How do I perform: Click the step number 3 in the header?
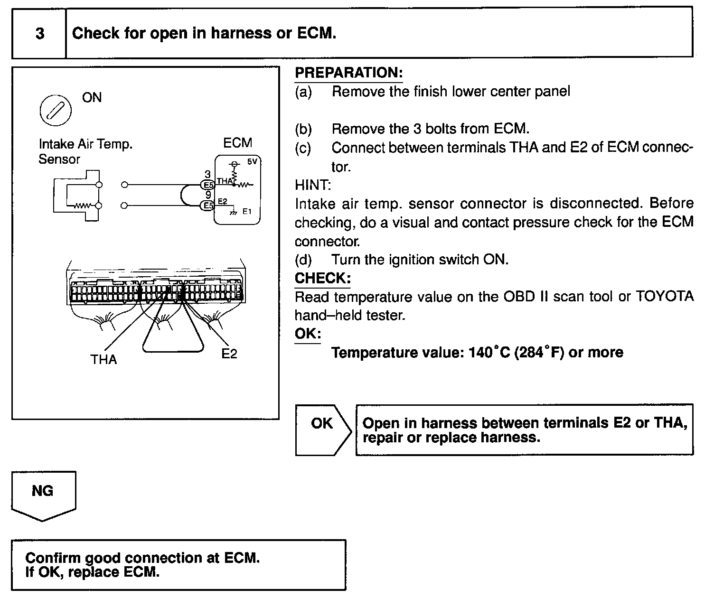[40, 34]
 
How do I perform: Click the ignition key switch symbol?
[56, 111]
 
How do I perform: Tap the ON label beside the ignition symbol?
[92, 98]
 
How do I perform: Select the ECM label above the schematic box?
[237, 143]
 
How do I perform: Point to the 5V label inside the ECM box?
[252, 162]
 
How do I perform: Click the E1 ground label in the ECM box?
[247, 212]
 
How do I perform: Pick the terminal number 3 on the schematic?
[207, 175]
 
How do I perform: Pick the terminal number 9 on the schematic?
[208, 195]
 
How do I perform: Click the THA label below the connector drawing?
[103, 360]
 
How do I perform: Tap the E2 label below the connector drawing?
[229, 354]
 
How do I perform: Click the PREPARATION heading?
[348, 73]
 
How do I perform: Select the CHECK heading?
[322, 279]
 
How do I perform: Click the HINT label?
[312, 185]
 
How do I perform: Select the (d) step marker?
[303, 260]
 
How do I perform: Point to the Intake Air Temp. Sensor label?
[85, 151]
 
